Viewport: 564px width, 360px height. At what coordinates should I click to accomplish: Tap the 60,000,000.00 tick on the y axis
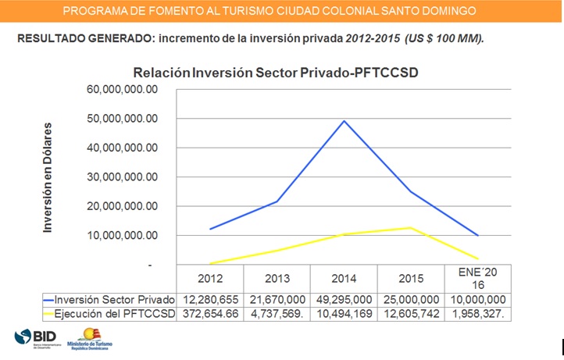(122, 89)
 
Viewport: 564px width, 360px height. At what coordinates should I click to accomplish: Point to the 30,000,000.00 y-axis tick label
(122, 177)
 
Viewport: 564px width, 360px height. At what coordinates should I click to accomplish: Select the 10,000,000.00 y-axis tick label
(122, 236)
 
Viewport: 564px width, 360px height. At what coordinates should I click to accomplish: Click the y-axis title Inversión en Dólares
(48, 177)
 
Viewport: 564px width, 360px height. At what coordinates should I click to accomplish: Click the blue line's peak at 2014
(344, 121)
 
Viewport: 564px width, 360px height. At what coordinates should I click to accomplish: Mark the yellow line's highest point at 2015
(411, 228)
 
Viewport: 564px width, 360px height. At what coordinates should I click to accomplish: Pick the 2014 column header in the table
(344, 279)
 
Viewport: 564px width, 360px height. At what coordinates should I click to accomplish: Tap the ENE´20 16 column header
(478, 279)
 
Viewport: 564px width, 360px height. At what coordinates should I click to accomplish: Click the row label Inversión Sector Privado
(109, 300)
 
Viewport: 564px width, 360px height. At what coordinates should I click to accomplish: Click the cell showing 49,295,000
(344, 300)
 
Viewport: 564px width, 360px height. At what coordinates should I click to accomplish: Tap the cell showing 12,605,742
(411, 314)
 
